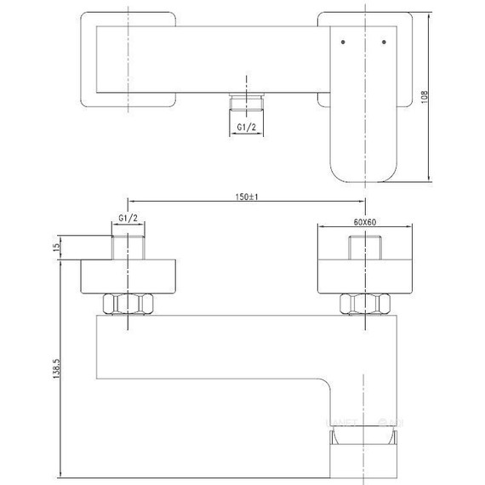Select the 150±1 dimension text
pyautogui.click(x=248, y=197)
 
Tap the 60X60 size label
pyautogui.click(x=366, y=221)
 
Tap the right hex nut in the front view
pyautogui.click(x=366, y=305)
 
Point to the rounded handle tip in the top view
pyautogui.click(x=362, y=166)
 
